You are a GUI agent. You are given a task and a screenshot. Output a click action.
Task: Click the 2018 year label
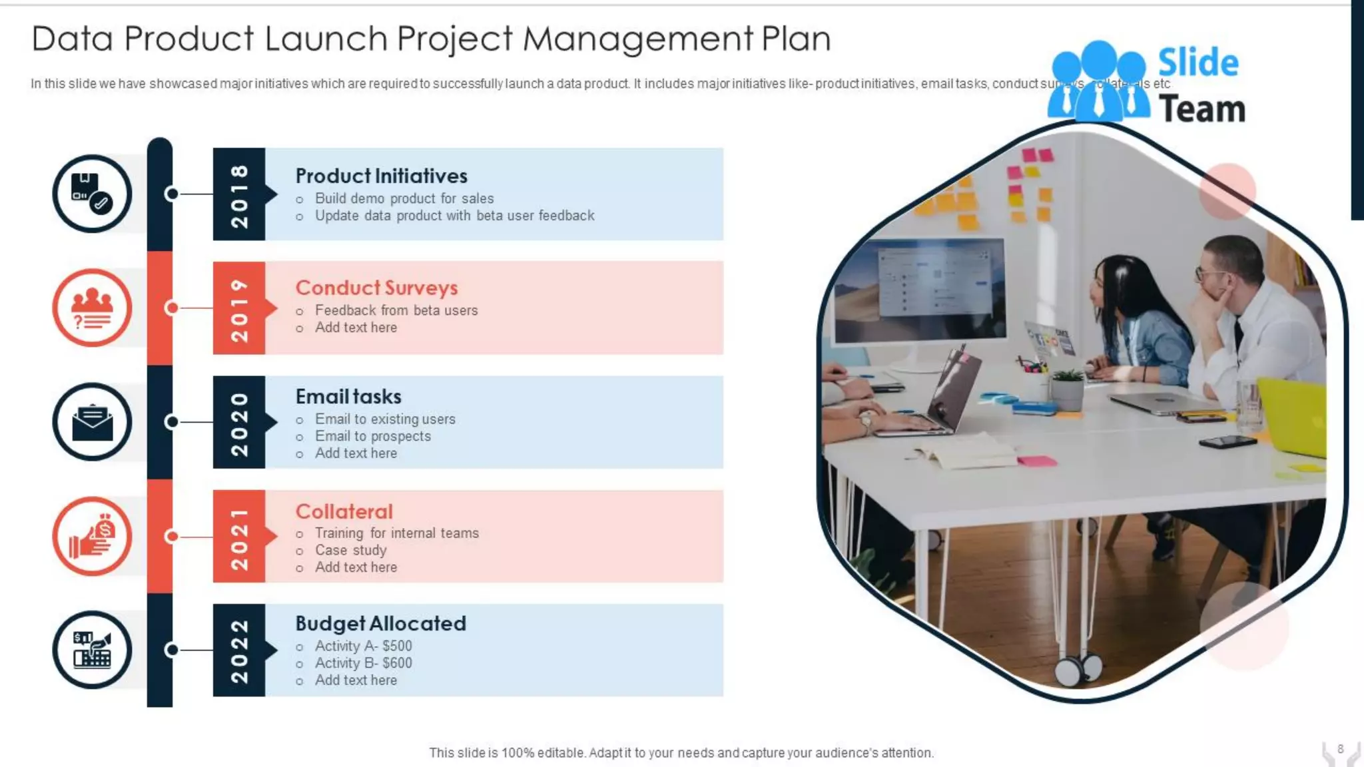point(238,194)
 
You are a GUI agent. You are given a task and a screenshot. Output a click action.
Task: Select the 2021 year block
point(238,537)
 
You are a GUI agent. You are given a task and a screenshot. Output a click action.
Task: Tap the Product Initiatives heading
point(381,176)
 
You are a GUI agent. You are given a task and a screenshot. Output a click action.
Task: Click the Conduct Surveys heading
point(376,288)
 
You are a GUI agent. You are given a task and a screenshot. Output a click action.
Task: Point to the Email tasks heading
point(348,397)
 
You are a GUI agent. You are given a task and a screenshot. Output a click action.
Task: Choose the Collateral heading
point(344,511)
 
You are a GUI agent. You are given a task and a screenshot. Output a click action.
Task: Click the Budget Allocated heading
point(380,624)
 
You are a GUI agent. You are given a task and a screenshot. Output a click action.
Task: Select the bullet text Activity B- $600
point(363,663)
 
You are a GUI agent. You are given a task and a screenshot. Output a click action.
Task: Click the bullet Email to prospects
point(372,436)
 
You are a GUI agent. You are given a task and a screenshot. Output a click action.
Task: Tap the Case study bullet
point(350,551)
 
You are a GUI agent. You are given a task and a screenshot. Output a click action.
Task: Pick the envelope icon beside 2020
point(92,422)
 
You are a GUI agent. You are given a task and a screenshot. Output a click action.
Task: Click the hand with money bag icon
point(92,537)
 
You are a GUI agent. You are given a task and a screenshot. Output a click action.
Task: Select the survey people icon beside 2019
point(92,308)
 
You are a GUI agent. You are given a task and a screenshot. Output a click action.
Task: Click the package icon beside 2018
point(92,194)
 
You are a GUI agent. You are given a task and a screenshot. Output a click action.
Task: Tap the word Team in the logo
point(1201,109)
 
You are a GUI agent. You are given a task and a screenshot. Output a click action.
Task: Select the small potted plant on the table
point(1068,389)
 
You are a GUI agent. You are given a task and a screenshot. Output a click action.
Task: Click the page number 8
point(1340,749)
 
